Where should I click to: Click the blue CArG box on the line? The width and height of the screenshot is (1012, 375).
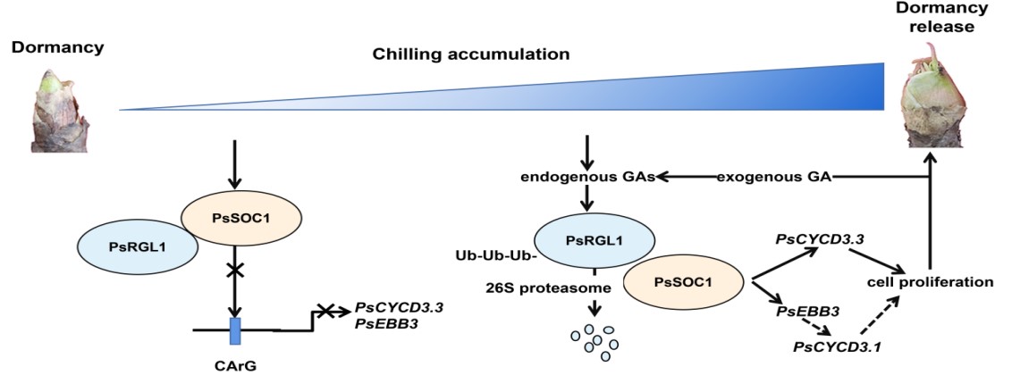point(235,330)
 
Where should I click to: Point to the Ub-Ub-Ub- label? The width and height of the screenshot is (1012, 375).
point(494,257)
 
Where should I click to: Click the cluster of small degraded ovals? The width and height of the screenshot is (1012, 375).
point(591,341)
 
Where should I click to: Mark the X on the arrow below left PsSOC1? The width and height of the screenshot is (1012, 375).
point(235,270)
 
